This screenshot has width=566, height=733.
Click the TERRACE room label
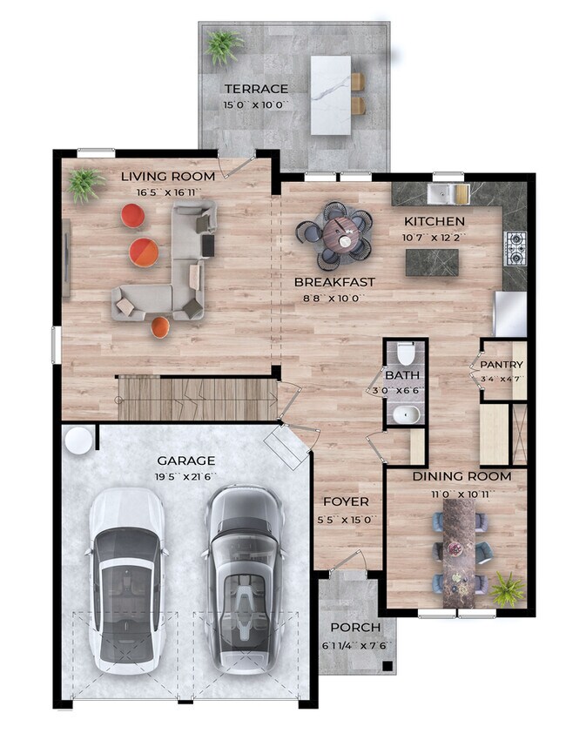pyautogui.click(x=256, y=88)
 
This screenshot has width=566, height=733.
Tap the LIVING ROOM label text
pyautogui.click(x=168, y=176)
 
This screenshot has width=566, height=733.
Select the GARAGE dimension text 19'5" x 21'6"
pyautogui.click(x=186, y=477)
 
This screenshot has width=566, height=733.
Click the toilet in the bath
pyautogui.click(x=406, y=354)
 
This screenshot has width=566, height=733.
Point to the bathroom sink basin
pyautogui.click(x=406, y=414)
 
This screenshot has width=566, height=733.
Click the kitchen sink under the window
pyautogui.click(x=442, y=193)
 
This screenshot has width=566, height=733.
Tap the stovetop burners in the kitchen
pyautogui.click(x=515, y=248)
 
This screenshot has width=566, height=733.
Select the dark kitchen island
pyautogui.click(x=432, y=262)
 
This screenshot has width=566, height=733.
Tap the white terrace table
pyautogui.click(x=331, y=96)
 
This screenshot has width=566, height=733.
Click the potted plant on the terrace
pyautogui.click(x=223, y=47)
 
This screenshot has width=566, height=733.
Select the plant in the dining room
pyautogui.click(x=507, y=589)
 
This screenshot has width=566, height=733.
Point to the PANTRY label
pyautogui.click(x=502, y=364)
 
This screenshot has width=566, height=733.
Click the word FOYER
pyautogui.click(x=347, y=501)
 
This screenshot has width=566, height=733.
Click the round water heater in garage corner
pyautogui.click(x=78, y=440)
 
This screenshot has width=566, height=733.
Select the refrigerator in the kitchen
pyautogui.click(x=511, y=313)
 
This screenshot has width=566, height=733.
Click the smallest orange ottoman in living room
pyautogui.click(x=160, y=326)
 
